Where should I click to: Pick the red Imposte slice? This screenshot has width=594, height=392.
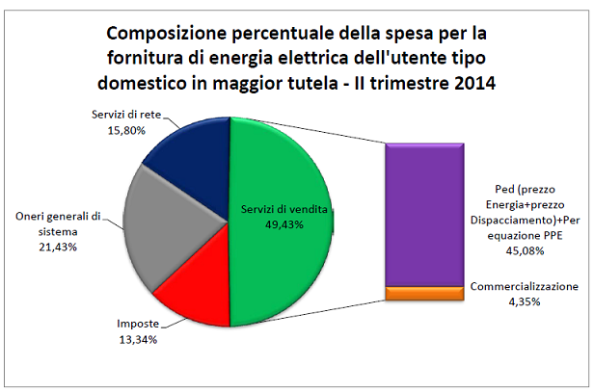tap(193, 289)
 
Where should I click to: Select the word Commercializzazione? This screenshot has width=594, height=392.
tap(525, 287)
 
